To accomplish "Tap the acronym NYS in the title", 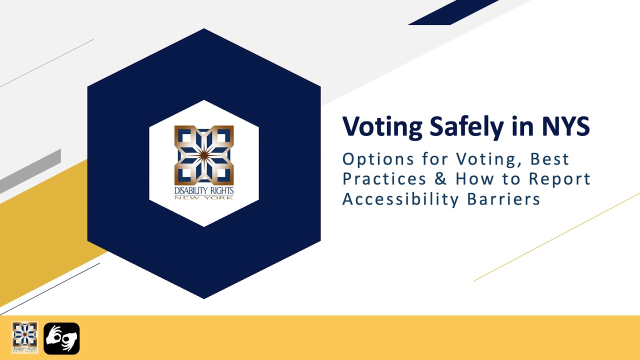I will pyautogui.click(x=562, y=127).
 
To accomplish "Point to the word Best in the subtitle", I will pyautogui.click(x=549, y=159).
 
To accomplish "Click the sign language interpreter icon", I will pyautogui.click(x=61, y=338).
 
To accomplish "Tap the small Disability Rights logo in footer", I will pyautogui.click(x=25, y=337).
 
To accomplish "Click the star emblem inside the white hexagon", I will pyautogui.click(x=204, y=154).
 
